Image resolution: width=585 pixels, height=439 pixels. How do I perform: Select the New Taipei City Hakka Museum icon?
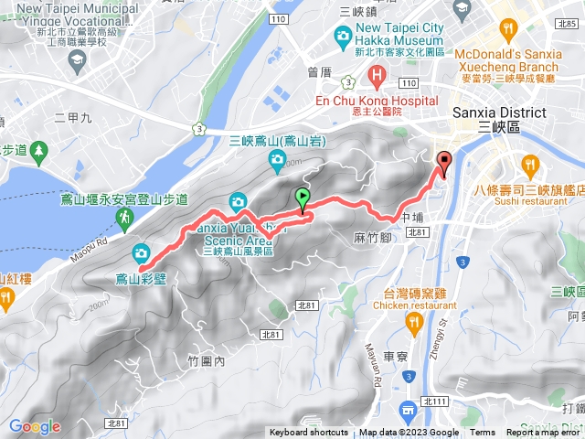pyautogui.click(x=344, y=37)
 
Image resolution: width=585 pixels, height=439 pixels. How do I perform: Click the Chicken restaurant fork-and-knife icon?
pyautogui.click(x=416, y=322)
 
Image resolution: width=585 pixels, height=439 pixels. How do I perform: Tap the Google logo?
pyautogui.click(x=35, y=426)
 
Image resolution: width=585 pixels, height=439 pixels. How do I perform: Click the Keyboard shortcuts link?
pyautogui.click(x=308, y=433)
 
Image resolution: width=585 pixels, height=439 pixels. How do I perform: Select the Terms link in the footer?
pyautogui.click(x=483, y=433)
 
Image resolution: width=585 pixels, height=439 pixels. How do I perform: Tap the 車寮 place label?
pyautogui.click(x=395, y=356)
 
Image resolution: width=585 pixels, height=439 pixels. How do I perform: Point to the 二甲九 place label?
pyautogui.click(x=73, y=118)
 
